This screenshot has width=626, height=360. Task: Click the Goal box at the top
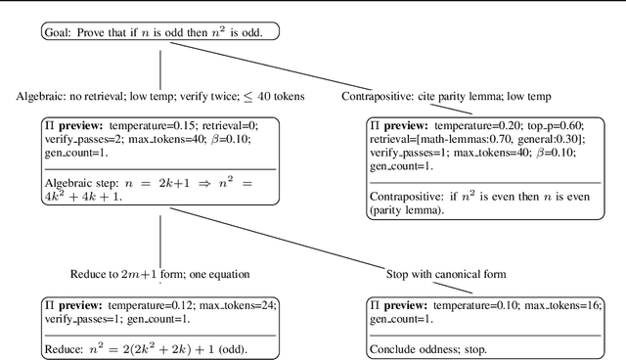[x=159, y=32]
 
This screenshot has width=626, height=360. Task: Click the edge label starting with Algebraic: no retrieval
[x=159, y=96]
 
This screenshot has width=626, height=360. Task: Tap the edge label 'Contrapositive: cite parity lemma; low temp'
[x=446, y=96]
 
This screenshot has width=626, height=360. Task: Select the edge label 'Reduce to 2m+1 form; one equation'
[x=159, y=274]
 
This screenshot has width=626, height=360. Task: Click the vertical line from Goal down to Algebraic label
[x=159, y=66]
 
